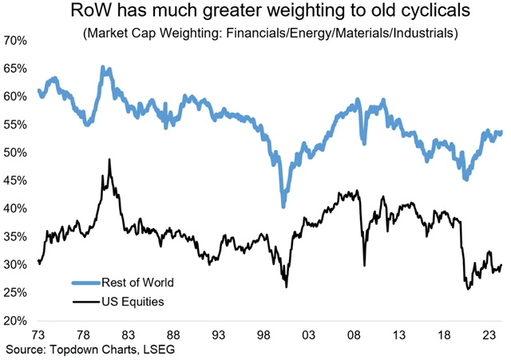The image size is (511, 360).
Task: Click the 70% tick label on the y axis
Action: pos(17,40)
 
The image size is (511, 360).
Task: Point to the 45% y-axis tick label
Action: pos(17,180)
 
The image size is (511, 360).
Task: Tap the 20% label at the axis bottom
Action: pos(17,320)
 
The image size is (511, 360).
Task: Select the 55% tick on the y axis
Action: pos(17,124)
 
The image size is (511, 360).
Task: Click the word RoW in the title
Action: pos(93,13)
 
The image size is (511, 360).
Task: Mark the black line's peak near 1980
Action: pos(109,160)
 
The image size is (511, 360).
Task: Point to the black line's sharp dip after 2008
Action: pos(364,265)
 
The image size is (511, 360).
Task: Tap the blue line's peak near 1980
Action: pos(103,68)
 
